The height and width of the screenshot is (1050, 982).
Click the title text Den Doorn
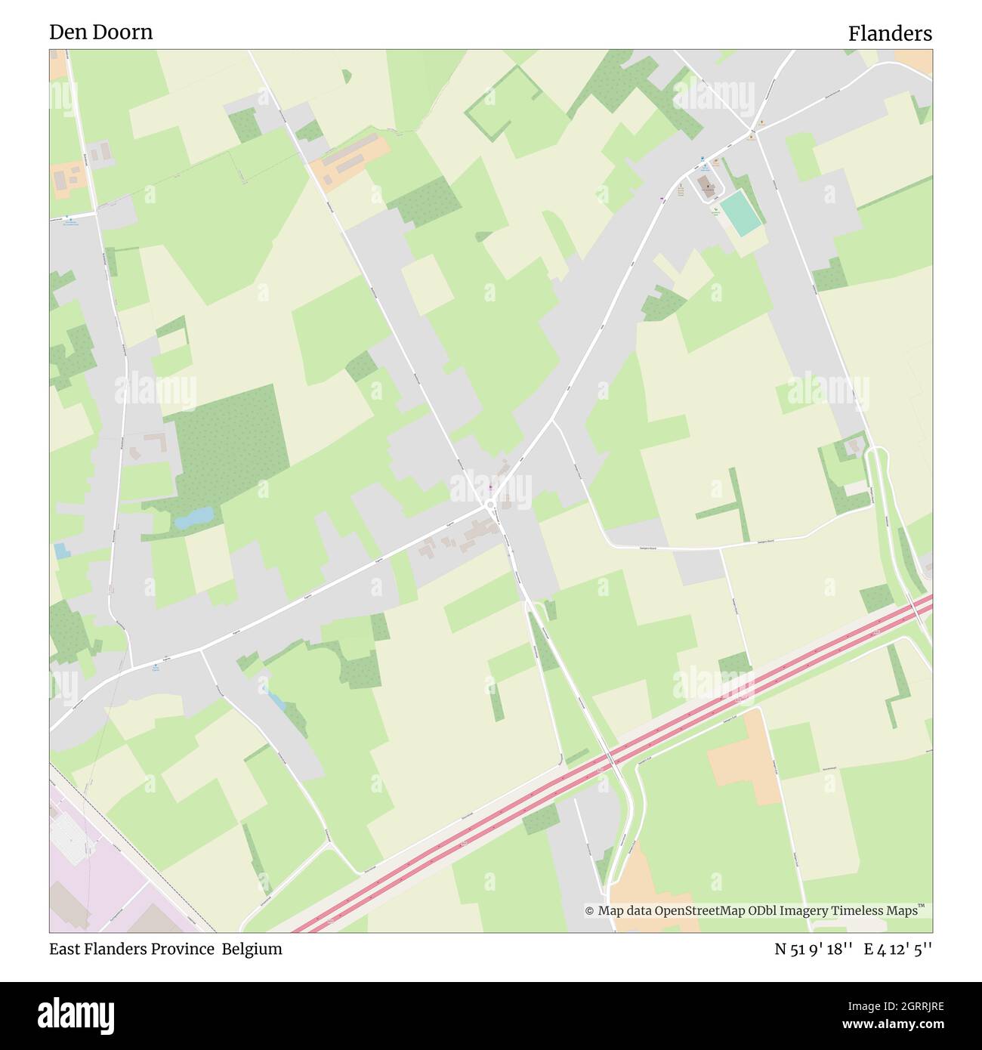tap(100, 32)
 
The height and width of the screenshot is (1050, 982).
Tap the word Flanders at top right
tap(889, 33)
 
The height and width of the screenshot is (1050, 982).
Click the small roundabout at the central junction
tap(489, 504)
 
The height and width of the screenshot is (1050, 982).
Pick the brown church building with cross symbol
tap(708, 187)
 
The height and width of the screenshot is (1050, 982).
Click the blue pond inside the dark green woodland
tap(193, 517)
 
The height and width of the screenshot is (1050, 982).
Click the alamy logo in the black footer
tap(76, 1014)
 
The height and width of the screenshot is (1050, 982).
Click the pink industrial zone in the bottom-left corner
tap(98, 876)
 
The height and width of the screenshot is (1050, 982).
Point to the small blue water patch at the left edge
tap(60, 551)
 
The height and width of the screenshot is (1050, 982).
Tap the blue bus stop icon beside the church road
tap(703, 160)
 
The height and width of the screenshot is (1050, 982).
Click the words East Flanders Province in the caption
tap(131, 949)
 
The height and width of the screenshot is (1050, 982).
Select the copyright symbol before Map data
tap(589, 911)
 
